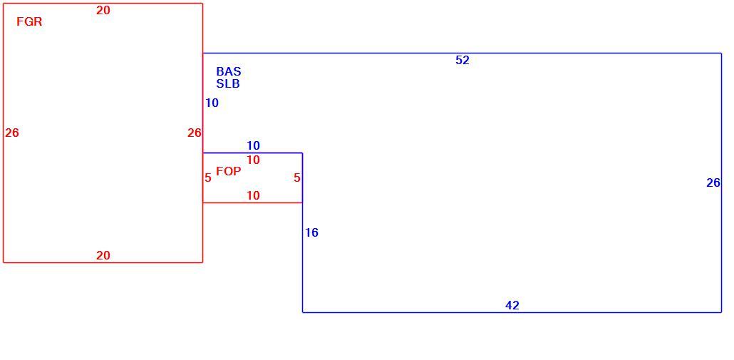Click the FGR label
29,21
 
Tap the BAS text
229,71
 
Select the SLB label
228,84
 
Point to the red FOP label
229,171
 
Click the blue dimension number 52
462,61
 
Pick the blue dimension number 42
512,306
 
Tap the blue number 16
311,232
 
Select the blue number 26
713,183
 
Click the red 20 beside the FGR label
103,10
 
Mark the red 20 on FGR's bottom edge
103,256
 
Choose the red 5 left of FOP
208,178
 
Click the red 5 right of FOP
297,178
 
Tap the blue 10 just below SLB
212,103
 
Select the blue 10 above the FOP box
253,145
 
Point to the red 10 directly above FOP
253,160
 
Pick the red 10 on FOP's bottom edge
253,195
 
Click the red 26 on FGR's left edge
12,133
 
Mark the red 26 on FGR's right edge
195,133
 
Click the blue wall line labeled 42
512,312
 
